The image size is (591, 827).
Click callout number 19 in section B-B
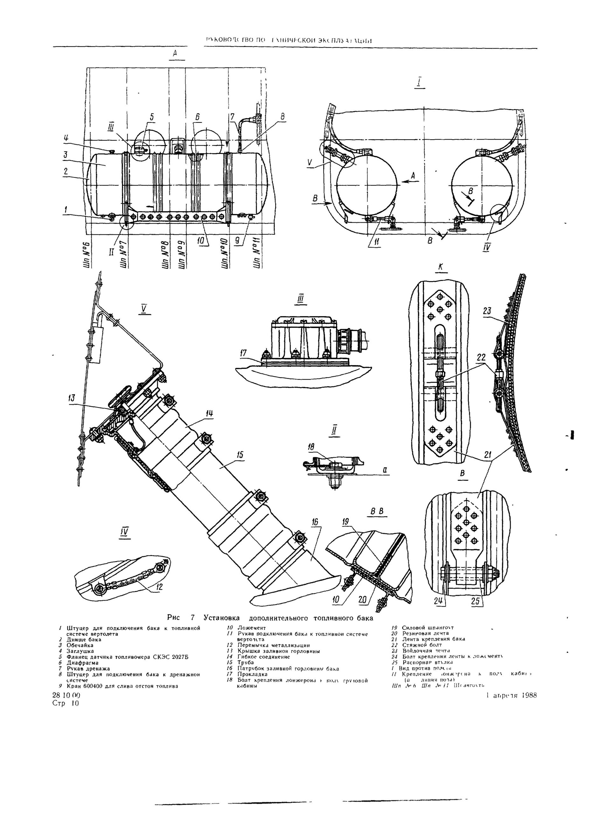click(x=345, y=522)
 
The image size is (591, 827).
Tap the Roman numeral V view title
click(x=144, y=309)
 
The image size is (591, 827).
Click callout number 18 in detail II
click(x=311, y=447)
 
